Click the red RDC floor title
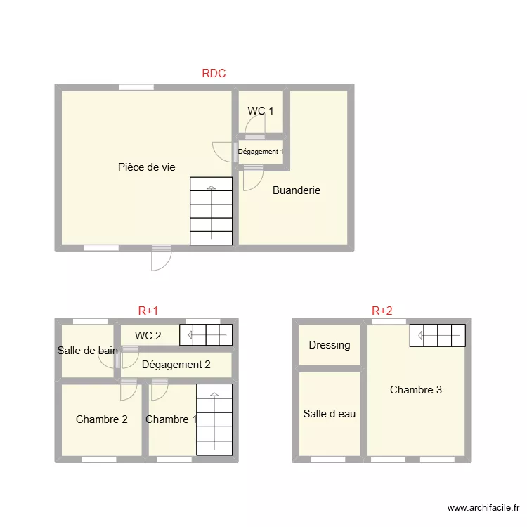coord(214,73)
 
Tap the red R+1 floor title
coord(148,311)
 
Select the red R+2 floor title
coord(382,311)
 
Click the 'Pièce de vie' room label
coord(147,167)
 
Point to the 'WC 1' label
coord(261,111)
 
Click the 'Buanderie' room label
coord(297,190)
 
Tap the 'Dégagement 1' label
coord(261,152)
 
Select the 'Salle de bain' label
coord(88,350)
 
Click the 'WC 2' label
coord(148,335)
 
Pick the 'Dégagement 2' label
coord(176,364)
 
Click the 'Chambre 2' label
coord(102,419)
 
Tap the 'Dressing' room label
coord(330,345)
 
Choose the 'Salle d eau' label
coord(330,414)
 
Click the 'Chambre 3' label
coord(416,389)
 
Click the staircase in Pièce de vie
coord(211,211)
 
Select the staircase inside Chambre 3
coord(438,335)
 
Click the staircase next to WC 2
coord(206,335)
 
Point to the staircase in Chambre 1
coord(214,419)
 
